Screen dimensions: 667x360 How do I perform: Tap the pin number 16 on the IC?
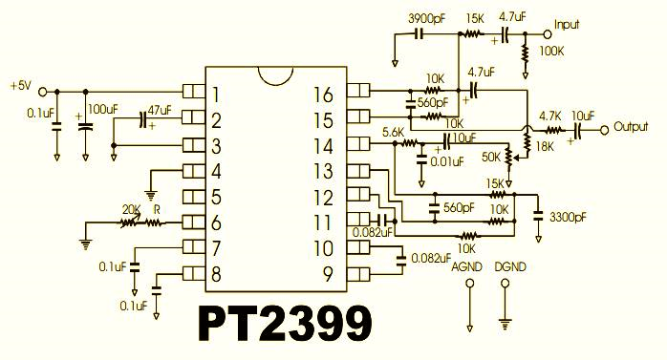point(323,95)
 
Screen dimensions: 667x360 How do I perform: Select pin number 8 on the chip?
point(216,274)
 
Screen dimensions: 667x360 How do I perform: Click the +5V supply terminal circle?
point(43,92)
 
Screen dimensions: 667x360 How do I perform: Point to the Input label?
point(567,25)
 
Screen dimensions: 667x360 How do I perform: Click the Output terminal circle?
point(605,130)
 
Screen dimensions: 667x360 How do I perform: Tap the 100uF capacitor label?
point(102,109)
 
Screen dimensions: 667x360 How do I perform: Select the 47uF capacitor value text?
point(160,110)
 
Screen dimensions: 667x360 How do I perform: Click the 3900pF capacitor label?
point(426,19)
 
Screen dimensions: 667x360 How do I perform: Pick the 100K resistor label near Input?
point(551,52)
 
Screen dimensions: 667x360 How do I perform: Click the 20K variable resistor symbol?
point(130,222)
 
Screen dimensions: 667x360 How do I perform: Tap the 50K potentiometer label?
point(491,157)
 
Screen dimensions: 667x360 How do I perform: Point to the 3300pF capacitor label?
point(568,217)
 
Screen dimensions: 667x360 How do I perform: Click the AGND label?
point(466,267)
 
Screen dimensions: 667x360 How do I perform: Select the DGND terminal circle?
point(505,283)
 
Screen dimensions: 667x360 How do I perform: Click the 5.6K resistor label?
point(393,132)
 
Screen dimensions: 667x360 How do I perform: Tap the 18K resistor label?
point(545,147)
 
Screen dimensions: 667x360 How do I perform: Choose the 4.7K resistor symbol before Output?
point(552,130)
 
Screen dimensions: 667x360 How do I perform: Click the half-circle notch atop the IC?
point(275,75)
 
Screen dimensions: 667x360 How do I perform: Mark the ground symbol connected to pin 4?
point(150,195)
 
